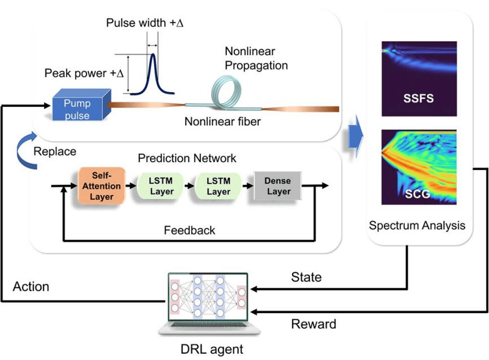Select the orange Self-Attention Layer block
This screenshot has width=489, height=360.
pos(102,185)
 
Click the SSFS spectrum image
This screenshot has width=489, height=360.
pos(419,79)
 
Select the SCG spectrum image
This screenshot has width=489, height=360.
pos(419,167)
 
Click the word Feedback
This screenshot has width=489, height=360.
pos(189,230)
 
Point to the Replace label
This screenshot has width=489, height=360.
pos(55,151)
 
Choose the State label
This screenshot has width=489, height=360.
pos(306,277)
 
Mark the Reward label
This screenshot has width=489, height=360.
pos(313,324)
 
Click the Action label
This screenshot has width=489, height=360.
pos(31,287)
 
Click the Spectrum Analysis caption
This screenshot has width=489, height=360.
pos(417,225)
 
